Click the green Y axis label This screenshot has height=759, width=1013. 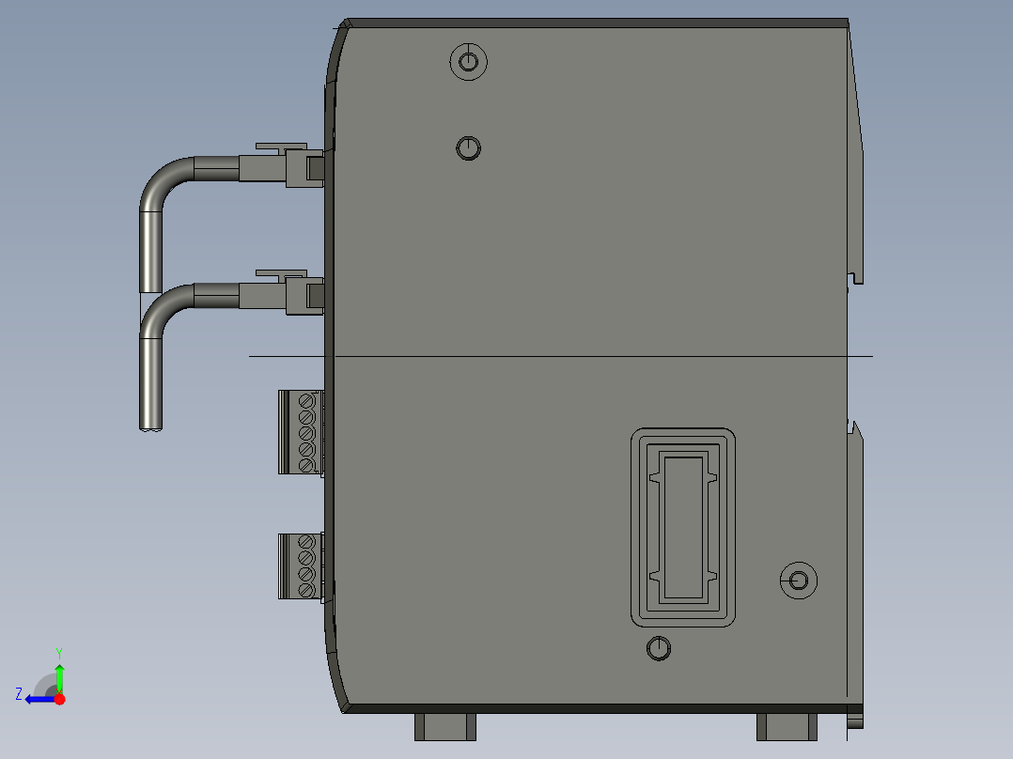click(59, 653)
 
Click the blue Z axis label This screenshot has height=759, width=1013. click(19, 694)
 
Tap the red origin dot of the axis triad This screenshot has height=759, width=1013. click(59, 699)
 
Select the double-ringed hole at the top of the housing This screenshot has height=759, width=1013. click(468, 62)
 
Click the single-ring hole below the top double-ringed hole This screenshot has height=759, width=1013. click(468, 147)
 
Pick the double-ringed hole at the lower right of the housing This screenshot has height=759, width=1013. click(799, 581)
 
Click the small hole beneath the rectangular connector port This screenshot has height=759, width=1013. click(659, 648)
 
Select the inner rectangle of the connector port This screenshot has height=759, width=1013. click(683, 528)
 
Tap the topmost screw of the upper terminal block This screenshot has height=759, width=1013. click(306, 402)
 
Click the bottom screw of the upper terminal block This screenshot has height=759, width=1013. click(306, 465)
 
